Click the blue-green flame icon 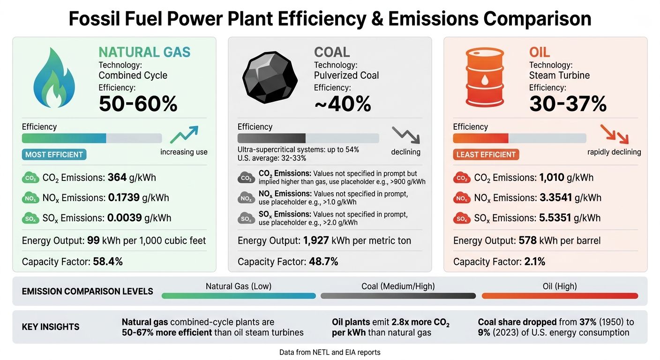click(x=54, y=78)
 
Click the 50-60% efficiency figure click(x=138, y=103)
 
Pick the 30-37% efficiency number click(x=568, y=103)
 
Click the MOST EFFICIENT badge click(x=54, y=155)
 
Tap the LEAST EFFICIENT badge click(x=486, y=155)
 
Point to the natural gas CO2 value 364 click(x=117, y=178)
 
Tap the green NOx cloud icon click(x=30, y=198)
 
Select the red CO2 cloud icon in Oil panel click(x=461, y=178)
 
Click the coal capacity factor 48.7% click(x=323, y=262)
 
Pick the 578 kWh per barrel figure click(x=527, y=241)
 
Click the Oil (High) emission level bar click(x=560, y=296)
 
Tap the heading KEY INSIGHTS click(x=51, y=327)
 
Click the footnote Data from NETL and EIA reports click(x=330, y=352)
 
